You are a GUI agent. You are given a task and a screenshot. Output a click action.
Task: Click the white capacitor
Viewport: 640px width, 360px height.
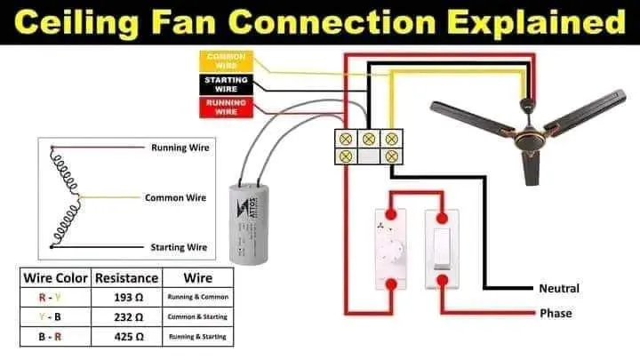pyautogui.click(x=249, y=223)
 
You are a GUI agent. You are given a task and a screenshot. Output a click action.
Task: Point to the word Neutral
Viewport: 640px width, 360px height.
pyautogui.click(x=559, y=289)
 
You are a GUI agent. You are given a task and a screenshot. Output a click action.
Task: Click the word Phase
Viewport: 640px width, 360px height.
pyautogui.click(x=556, y=314)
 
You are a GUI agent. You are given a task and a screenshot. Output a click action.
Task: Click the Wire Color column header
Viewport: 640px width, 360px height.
pyautogui.click(x=54, y=277)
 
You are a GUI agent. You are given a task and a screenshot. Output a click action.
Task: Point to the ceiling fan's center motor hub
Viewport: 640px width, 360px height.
pyautogui.click(x=530, y=117)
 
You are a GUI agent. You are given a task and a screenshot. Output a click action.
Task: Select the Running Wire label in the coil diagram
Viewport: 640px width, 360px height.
pyautogui.click(x=180, y=148)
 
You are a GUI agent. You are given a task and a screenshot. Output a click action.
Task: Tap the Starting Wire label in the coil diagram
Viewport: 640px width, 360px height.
pyautogui.click(x=179, y=247)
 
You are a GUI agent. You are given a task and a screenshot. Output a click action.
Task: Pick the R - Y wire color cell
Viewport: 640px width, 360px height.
pyautogui.click(x=54, y=296)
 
